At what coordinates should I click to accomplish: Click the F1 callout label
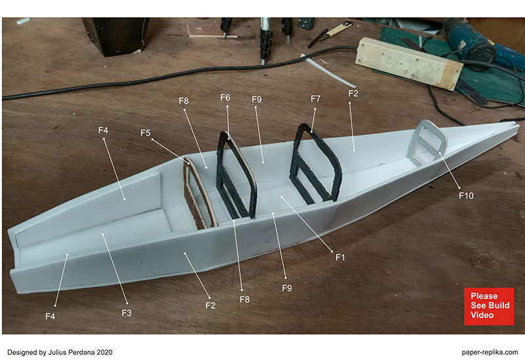[x=340, y=257]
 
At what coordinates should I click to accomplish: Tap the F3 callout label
[x=127, y=313]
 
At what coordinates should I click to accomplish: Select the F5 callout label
[x=145, y=133]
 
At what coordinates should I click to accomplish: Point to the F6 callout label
[x=225, y=97]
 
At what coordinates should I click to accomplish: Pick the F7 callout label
[x=316, y=99]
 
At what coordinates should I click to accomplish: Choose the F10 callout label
[x=466, y=195]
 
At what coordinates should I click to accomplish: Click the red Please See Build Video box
[x=489, y=306]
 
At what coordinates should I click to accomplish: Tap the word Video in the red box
[x=482, y=315]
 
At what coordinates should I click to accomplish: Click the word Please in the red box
[x=484, y=296]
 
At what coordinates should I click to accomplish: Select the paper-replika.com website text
[x=490, y=352]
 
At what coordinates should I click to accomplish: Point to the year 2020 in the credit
[x=104, y=352]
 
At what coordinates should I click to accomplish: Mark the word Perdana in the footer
[x=81, y=352]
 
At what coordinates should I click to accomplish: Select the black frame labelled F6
[x=236, y=176]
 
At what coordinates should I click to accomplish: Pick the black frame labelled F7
[x=316, y=164]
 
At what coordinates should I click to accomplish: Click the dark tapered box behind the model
[x=116, y=35]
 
